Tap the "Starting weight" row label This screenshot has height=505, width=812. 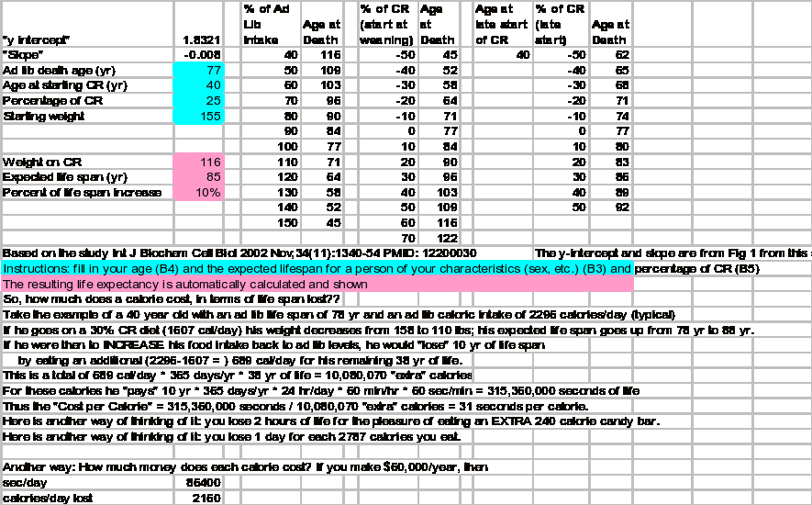[45, 117]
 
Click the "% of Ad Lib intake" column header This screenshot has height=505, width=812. [267, 25]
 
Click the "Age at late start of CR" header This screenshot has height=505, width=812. [501, 25]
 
